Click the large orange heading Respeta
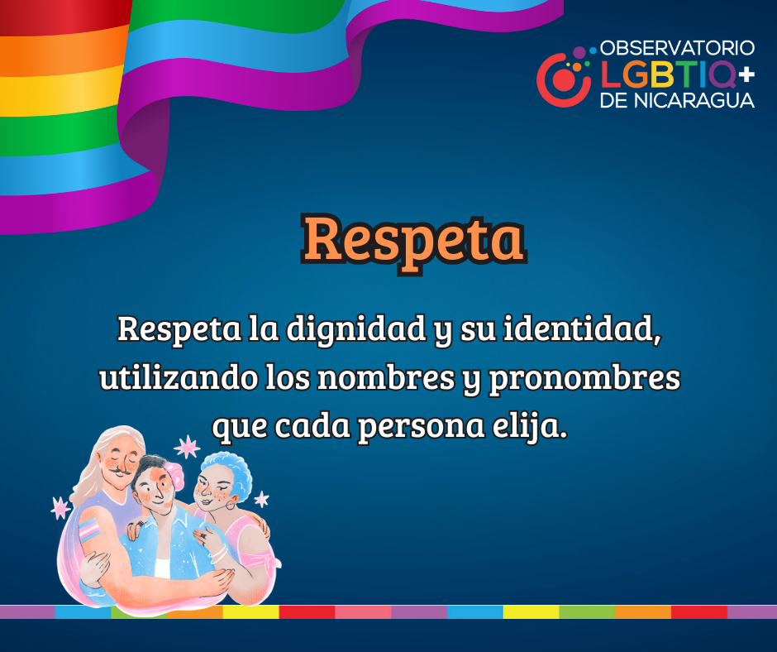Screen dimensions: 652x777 412,239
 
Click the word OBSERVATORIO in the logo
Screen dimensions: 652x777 677,49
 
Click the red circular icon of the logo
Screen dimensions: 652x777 563,79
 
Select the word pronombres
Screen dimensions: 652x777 585,379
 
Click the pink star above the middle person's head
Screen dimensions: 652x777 188,447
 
